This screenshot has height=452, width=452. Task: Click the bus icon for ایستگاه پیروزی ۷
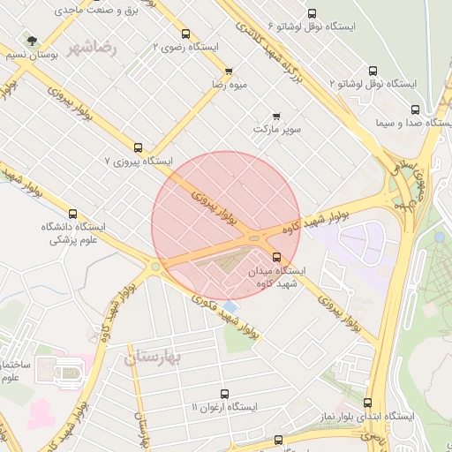click(138, 147)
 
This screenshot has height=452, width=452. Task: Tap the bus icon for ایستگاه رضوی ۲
click(185, 34)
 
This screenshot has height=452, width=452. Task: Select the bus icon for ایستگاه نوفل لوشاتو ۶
click(312, 13)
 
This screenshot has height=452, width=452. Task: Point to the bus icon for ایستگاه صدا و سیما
click(415, 109)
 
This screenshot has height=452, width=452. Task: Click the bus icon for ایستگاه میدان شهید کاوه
click(276, 257)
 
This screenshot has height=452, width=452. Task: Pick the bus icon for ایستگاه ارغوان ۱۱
click(223, 394)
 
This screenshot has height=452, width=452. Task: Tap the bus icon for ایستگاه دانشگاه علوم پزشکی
click(72, 213)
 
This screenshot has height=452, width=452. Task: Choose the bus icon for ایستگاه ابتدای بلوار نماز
click(368, 403)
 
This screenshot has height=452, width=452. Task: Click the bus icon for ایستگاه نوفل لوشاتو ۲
click(372, 71)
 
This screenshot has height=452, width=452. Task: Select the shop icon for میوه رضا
click(229, 72)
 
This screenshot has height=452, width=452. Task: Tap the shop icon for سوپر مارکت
click(276, 116)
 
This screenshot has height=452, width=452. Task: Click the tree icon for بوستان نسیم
click(33, 41)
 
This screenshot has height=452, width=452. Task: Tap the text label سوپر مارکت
click(277, 130)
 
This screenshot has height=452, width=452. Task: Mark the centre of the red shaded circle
click(226, 225)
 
